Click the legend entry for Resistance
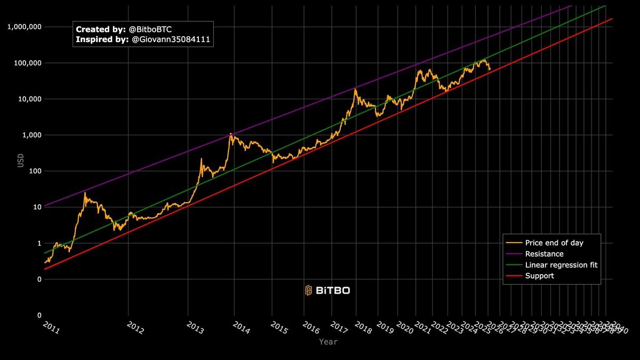544,254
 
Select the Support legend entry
539,276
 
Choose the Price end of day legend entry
554,243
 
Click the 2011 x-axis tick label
51,328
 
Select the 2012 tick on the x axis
135,328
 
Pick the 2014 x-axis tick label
241,328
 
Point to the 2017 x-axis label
338,327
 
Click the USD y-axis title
21,160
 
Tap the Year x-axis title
328,342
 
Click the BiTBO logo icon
308,290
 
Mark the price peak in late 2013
230,133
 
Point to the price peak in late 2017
355,89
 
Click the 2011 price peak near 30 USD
85,193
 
